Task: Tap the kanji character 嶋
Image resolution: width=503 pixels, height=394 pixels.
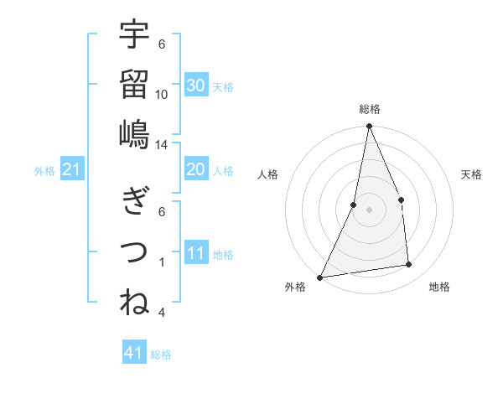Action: pos(134,133)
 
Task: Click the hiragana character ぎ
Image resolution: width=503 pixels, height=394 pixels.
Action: pos(134,201)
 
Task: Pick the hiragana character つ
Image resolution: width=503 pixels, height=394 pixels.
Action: pos(134,251)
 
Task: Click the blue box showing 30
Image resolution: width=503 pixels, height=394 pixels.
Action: pos(196,85)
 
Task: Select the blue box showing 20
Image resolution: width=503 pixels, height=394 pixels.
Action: pos(196,169)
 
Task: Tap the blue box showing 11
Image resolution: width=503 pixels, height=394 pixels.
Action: pos(196,253)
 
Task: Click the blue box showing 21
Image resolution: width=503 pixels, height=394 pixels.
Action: pos(72,170)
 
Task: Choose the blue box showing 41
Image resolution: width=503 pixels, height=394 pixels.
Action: pos(134,353)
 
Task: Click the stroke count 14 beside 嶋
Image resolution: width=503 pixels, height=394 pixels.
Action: pos(162,144)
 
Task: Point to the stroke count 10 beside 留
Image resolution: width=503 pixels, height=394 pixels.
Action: pos(162,94)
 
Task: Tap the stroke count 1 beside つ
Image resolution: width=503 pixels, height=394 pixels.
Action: pos(162,262)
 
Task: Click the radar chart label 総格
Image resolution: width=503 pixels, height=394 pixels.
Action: pos(369,109)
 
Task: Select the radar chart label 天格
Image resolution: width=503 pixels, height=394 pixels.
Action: pos(472,174)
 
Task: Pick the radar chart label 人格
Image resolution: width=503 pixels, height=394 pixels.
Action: pos(268,174)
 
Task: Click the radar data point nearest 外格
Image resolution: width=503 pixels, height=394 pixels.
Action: pos(319,277)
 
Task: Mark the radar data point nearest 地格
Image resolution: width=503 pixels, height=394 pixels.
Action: pos(409,265)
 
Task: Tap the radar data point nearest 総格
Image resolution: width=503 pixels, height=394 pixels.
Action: pos(369,127)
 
